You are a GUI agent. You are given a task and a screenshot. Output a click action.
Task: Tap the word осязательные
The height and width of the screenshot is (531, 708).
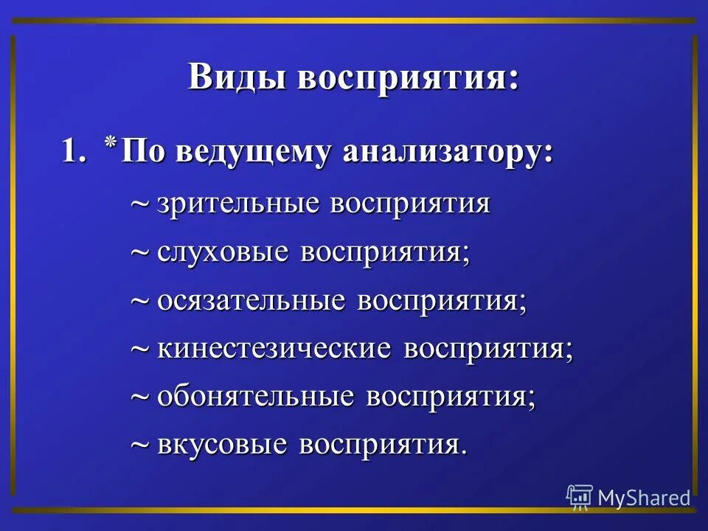tap(251, 301)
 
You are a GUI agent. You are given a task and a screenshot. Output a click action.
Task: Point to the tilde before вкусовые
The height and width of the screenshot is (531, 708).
tap(139, 446)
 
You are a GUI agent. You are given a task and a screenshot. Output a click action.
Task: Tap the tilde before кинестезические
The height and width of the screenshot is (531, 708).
tap(139, 350)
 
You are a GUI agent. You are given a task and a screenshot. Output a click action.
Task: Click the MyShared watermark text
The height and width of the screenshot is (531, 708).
tap(644, 497)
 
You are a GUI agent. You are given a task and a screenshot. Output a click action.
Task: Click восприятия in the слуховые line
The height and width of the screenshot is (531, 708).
tap(383, 252)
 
